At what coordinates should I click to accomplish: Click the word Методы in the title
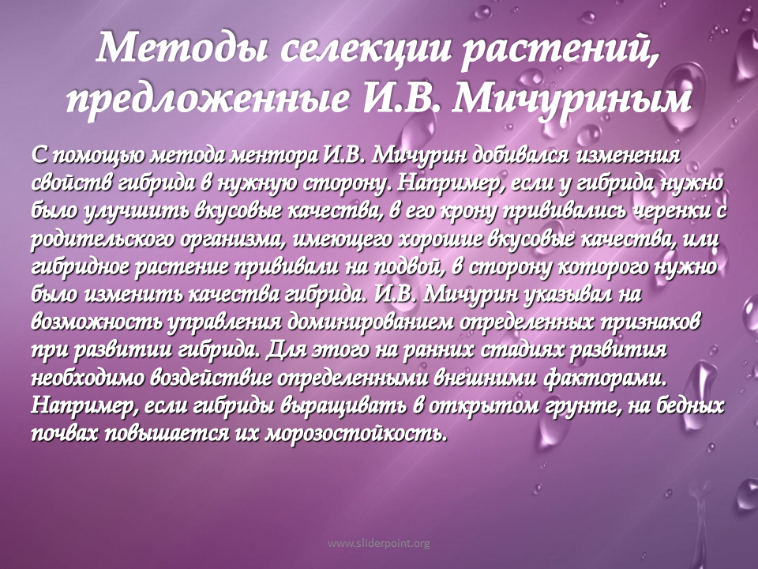pos(182,49)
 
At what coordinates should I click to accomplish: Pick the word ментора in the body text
pos(273,155)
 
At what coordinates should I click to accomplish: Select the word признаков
pos(647,322)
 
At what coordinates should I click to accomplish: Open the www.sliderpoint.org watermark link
pos(378,544)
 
